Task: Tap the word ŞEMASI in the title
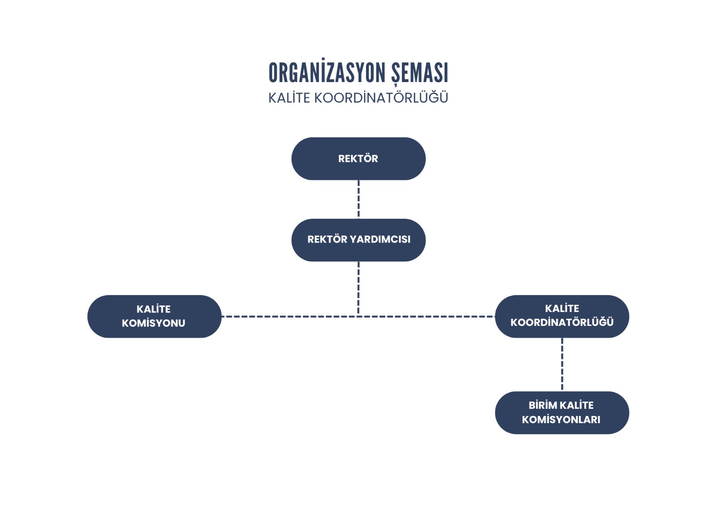pyautogui.click(x=419, y=73)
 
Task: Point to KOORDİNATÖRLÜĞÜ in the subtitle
pyautogui.click(x=381, y=98)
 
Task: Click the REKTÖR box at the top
pyautogui.click(x=358, y=159)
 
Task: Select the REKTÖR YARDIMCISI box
pyautogui.click(x=358, y=240)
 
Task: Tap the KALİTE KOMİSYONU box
pyautogui.click(x=154, y=316)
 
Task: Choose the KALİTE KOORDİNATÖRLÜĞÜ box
pyautogui.click(x=562, y=316)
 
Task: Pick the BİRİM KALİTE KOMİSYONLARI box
pyautogui.click(x=562, y=412)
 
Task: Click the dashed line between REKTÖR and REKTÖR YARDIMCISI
pyautogui.click(x=358, y=199)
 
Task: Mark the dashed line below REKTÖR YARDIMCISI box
pyautogui.click(x=358, y=287)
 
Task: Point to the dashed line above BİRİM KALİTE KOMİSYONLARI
pyautogui.click(x=562, y=364)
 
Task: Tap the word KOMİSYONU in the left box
pyautogui.click(x=153, y=323)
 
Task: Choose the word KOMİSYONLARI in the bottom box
pyautogui.click(x=561, y=420)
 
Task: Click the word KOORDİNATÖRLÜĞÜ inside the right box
pyautogui.click(x=562, y=322)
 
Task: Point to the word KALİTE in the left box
pyautogui.click(x=153, y=309)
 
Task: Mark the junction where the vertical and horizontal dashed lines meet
pyautogui.click(x=358, y=316)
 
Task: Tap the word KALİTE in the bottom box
pyautogui.click(x=577, y=405)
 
